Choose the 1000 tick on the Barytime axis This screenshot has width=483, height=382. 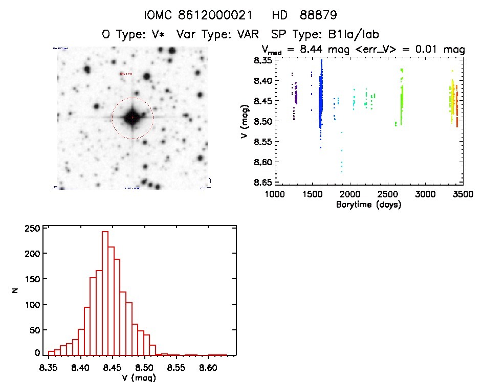point(275,195)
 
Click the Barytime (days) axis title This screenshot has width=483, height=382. point(368,205)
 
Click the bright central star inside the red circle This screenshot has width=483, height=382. point(133,117)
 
